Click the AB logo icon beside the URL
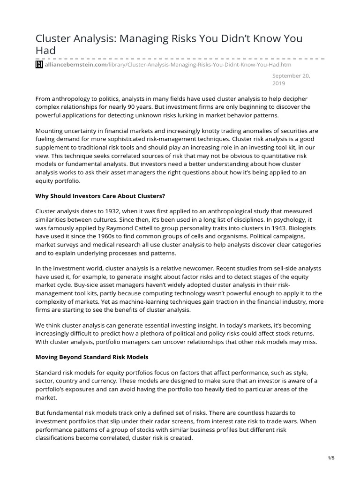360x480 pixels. click(39, 65)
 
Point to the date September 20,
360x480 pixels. click(293, 75)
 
